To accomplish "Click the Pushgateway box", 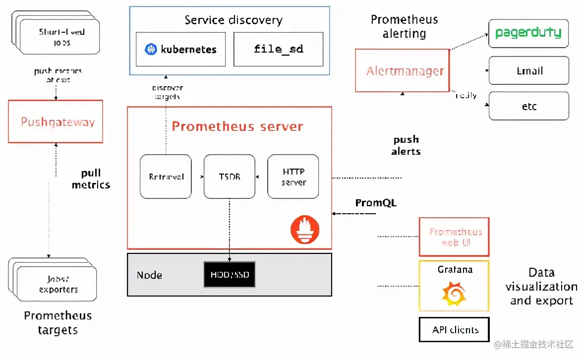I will [x=56, y=121].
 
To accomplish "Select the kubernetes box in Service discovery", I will [x=180, y=50].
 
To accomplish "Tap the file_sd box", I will [x=278, y=50].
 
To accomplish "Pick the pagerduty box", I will [x=528, y=33].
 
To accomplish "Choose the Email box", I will [x=528, y=70].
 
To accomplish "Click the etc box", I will [x=528, y=106].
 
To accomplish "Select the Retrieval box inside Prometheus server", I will [x=166, y=177].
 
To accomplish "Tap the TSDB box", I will [x=229, y=177].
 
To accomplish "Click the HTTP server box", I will [x=293, y=177].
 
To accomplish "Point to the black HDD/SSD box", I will [x=230, y=274].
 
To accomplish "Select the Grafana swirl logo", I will [x=454, y=294].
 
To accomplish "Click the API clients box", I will [x=454, y=330].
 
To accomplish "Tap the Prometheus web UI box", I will [x=454, y=237].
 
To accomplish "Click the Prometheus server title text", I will [x=237, y=126].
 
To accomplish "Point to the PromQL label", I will [x=376, y=203].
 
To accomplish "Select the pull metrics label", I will [x=91, y=179].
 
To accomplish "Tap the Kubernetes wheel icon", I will [x=151, y=50].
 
